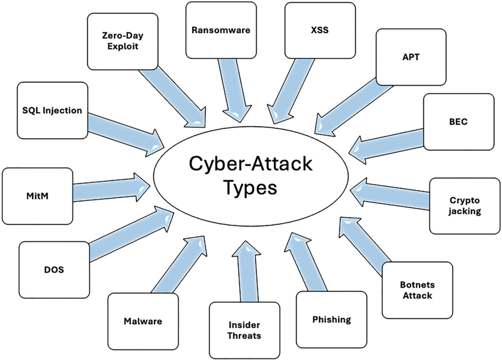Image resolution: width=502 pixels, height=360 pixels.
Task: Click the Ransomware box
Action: [x=221, y=30]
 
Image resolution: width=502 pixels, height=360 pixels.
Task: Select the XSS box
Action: [x=320, y=30]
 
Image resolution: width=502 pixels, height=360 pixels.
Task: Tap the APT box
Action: [x=411, y=57]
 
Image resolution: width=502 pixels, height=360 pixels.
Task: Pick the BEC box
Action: [x=458, y=121]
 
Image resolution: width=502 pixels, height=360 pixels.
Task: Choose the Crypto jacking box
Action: [x=465, y=206]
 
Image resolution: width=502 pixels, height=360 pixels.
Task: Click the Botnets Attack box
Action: [x=417, y=290]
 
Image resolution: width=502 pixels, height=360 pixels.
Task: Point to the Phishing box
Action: [x=332, y=319]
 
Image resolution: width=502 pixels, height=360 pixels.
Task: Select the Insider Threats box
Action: [x=244, y=330]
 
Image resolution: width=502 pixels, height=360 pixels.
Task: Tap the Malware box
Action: [x=143, y=321]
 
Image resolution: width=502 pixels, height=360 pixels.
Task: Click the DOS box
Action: [x=54, y=269]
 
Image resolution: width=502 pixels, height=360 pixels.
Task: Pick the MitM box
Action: [x=37, y=196]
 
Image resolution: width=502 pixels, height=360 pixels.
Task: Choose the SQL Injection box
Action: [x=52, y=110]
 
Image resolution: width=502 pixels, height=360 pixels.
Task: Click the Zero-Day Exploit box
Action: [x=120, y=41]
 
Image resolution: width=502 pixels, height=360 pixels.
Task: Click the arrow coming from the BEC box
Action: [x=387, y=144]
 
